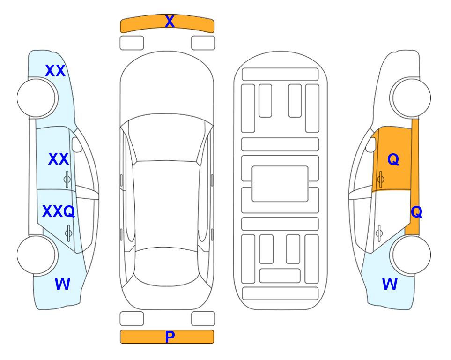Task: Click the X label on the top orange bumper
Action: click(170, 22)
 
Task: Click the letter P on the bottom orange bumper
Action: click(170, 337)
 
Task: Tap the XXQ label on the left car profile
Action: click(59, 211)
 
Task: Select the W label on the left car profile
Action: click(62, 284)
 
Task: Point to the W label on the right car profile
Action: click(390, 284)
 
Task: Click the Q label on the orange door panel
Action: click(393, 159)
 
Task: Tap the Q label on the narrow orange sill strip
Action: click(416, 212)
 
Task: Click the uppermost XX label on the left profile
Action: click(55, 71)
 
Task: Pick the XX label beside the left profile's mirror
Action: click(59, 159)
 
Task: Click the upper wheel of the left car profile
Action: click(37, 98)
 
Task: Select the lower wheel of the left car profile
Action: click(37, 255)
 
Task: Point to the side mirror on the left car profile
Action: click(76, 144)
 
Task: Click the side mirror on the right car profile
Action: click(371, 144)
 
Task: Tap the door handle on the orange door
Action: click(381, 179)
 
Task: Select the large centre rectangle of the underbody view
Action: click(280, 184)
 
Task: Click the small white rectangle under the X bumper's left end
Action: click(132, 43)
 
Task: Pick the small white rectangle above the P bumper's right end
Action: click(203, 319)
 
